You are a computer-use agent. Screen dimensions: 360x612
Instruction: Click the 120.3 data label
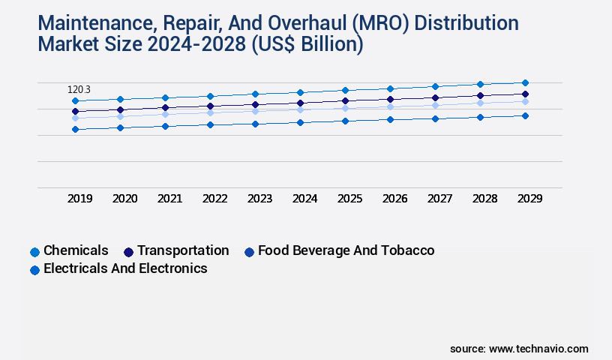79,90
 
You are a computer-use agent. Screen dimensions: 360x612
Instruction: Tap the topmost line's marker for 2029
525,82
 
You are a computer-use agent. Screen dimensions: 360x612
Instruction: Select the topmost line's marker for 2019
75,100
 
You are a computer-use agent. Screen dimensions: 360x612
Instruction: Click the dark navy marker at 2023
255,105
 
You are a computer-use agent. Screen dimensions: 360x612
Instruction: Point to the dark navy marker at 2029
525,94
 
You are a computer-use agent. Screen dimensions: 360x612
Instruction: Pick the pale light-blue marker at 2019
75,118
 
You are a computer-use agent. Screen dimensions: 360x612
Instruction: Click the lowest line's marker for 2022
210,124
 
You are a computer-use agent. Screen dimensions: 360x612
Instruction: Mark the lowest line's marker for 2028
480,117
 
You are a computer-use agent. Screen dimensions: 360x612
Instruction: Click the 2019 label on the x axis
80,199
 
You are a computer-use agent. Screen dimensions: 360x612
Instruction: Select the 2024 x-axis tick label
305,199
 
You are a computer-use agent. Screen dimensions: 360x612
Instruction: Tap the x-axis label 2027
440,199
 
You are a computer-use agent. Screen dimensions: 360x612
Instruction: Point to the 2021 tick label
170,199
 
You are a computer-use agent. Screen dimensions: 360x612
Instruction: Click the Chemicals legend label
76,250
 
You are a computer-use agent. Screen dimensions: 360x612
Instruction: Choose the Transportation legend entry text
183,250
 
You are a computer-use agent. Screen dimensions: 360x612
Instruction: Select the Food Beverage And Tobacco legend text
346,250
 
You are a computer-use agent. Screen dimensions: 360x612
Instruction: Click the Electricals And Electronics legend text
125,268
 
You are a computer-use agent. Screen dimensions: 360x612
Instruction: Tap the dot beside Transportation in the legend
128,252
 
